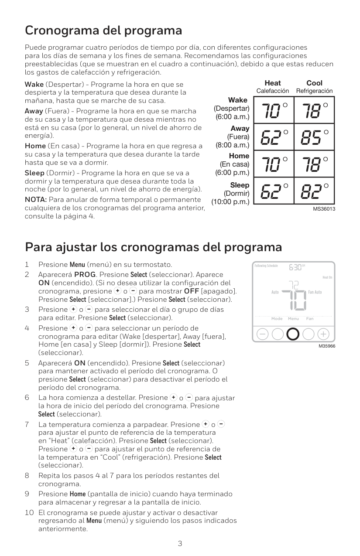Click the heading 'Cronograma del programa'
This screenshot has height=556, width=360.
103,31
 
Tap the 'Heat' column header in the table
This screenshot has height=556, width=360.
273,83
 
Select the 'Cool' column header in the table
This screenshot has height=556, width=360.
314,83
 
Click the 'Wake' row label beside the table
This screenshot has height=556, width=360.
238,100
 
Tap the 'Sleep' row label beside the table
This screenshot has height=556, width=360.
240,185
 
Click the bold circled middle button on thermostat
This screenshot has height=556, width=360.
293,334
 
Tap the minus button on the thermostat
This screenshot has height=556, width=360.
263,334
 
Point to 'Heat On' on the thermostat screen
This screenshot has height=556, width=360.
327,277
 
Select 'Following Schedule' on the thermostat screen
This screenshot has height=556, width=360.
266,266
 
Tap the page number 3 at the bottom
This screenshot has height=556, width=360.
180,543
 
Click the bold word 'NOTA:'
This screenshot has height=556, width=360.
36,200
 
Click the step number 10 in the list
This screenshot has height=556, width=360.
29,512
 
